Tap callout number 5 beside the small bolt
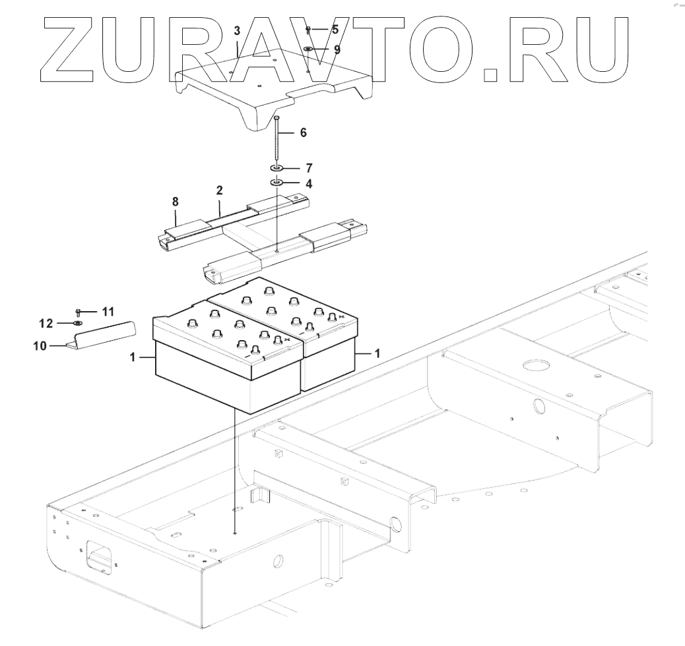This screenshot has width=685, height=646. [x=335, y=30]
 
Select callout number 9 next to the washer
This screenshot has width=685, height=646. [x=337, y=49]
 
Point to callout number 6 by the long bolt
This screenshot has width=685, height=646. [x=303, y=132]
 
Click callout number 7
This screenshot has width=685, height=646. [x=309, y=169]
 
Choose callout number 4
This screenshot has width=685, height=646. [x=309, y=183]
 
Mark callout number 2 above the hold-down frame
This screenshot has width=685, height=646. [x=219, y=190]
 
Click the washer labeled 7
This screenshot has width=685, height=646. [x=276, y=169]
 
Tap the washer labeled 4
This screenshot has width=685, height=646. [x=276, y=183]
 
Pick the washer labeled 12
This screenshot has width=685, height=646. [x=78, y=324]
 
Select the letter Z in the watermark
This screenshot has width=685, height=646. [x=73, y=46]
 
